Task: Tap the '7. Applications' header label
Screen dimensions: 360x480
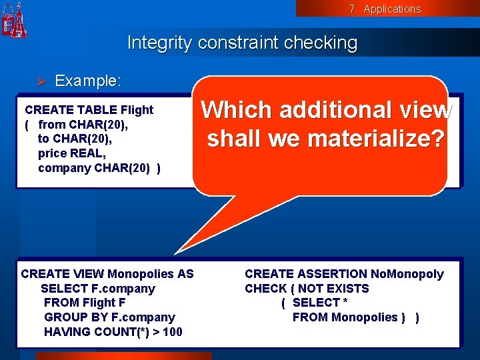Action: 385,9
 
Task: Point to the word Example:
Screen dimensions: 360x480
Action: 88,81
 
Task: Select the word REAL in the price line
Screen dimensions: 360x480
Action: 90,153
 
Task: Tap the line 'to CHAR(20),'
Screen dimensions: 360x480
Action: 65,139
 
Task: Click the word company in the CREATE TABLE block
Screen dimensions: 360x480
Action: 65,168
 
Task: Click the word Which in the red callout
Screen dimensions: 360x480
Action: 238,110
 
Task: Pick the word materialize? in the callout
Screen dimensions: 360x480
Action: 370,139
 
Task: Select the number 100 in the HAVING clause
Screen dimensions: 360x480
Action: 172,332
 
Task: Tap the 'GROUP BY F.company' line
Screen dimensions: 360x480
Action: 109,317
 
